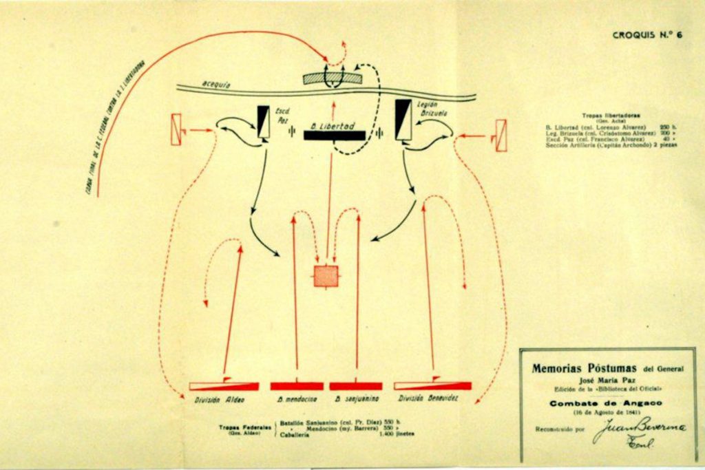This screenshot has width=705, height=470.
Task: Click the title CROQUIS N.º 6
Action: pos(648,35)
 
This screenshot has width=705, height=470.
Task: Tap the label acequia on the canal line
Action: pos(216,84)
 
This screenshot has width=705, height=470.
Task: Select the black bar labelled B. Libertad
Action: pos(334,136)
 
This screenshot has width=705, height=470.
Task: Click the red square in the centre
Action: pos(326,276)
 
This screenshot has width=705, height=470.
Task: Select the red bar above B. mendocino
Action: pos(296,386)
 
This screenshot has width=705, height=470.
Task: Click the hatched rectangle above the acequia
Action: pos(333,78)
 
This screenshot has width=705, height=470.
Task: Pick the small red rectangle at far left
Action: pos(176,129)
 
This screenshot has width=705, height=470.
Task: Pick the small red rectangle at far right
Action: pos(501,136)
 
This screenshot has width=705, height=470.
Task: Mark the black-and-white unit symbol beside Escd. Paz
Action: pos(263,122)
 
